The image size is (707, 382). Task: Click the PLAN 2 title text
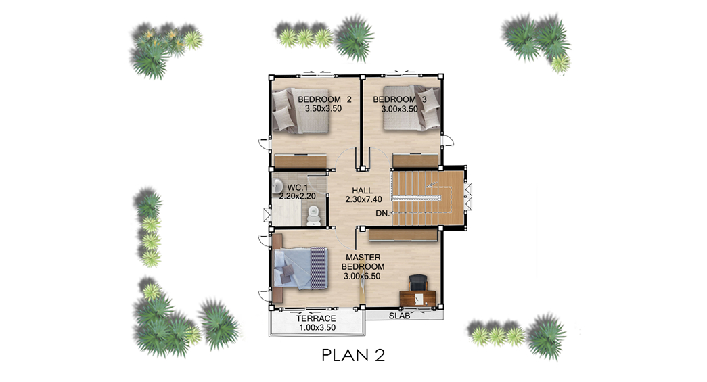coord(353,355)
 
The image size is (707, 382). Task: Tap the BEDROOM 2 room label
coord(325,99)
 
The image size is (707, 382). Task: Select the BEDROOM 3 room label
coord(399,99)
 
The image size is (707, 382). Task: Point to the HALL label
coord(363,191)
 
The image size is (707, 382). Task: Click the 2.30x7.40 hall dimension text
coord(363,199)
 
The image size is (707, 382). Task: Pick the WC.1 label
coord(297,187)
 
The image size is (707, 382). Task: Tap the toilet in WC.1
coord(313,215)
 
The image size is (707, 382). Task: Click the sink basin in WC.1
coord(277,185)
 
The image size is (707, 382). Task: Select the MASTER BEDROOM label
coord(363,262)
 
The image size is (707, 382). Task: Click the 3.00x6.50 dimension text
coord(362,276)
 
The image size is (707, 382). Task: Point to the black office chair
coord(418,283)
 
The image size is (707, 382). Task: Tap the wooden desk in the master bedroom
coord(418,298)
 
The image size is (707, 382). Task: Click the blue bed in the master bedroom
coord(300,268)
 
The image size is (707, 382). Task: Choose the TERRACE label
coord(316,318)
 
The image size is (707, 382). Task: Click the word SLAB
coord(399,316)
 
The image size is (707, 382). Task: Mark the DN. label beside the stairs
coord(382,213)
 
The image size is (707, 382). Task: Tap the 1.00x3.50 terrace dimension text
coord(317,327)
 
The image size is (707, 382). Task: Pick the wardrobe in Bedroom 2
coord(301,162)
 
